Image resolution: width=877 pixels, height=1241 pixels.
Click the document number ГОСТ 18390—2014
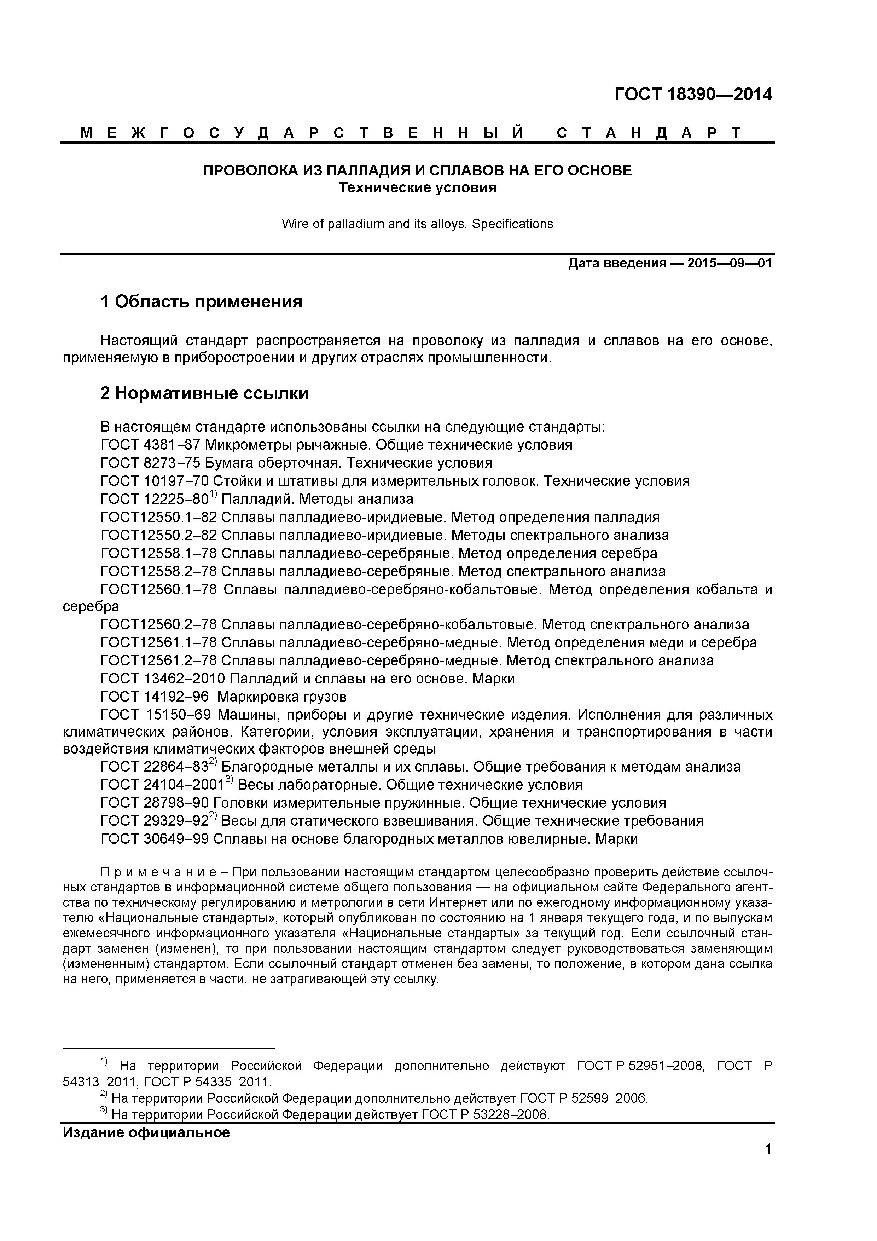pos(693,94)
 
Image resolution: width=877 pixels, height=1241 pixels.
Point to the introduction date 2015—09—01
pos(730,264)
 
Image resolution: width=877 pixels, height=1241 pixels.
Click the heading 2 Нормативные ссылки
pos(204,393)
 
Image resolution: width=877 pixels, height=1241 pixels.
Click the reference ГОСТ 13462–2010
pos(163,679)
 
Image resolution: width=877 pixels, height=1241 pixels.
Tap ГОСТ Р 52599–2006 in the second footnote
pos(583,1098)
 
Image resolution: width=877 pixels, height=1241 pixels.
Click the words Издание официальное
pos(146,1132)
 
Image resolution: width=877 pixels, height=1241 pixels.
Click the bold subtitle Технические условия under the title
pos(417,188)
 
